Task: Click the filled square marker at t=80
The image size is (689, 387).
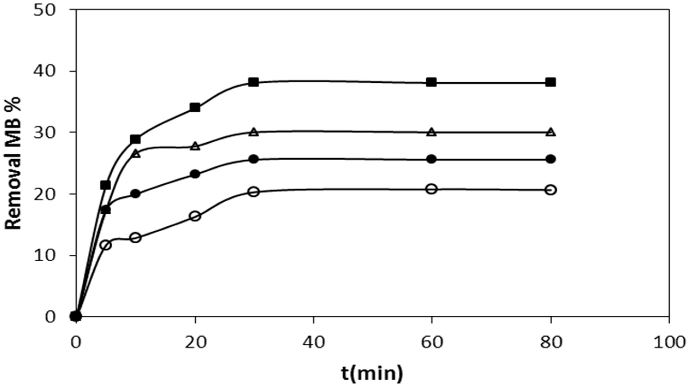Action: click(551, 82)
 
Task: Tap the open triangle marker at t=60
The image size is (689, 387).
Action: click(431, 132)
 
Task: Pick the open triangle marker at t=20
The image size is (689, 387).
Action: click(195, 146)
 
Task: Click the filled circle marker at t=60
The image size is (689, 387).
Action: click(431, 159)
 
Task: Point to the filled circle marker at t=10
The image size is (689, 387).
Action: click(135, 194)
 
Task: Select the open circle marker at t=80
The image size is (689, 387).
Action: click(551, 190)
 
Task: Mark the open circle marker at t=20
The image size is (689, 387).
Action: click(195, 216)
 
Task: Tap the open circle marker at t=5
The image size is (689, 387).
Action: click(106, 245)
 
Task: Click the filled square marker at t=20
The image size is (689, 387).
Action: click(195, 107)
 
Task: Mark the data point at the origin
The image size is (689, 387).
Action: click(76, 316)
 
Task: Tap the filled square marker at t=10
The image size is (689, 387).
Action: click(135, 139)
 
